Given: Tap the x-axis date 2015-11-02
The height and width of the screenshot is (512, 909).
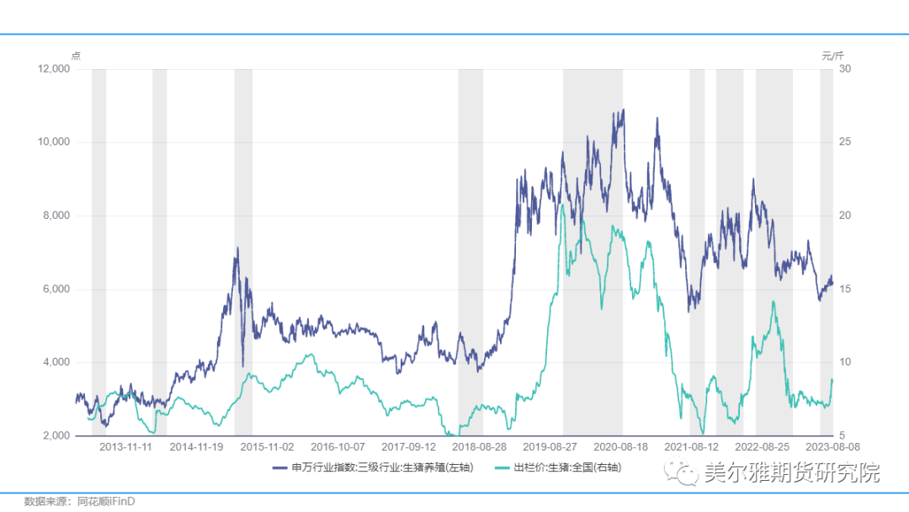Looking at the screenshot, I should click(267, 447).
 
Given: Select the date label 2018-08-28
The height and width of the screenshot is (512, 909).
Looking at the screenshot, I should click(479, 447).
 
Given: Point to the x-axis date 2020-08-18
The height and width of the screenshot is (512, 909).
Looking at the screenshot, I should click(620, 447).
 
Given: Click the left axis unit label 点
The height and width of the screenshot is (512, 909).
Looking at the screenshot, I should click(76, 56).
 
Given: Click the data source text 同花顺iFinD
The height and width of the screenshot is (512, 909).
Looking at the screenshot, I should click(106, 501).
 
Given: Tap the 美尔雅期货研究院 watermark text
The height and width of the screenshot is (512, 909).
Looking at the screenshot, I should click(791, 472).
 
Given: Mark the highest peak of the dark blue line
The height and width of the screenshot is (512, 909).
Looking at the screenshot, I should click(623, 109).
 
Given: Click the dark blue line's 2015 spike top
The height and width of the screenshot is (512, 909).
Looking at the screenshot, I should click(237, 248).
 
